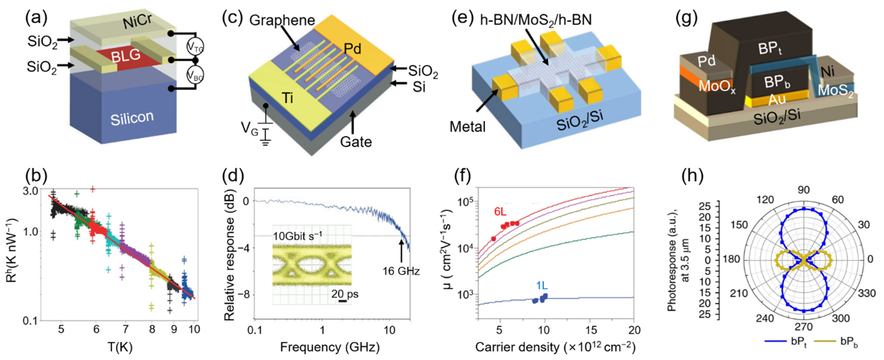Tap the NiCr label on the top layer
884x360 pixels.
[137, 21]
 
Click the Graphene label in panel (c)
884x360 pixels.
[282, 20]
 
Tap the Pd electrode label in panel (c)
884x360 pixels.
[353, 49]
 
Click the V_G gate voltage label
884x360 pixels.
[249, 129]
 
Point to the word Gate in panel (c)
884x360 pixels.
[356, 142]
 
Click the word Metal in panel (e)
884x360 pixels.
[467, 127]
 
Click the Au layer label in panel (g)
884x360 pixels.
[777, 99]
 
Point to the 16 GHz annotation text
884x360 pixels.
[401, 271]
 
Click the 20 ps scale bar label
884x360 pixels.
[345, 294]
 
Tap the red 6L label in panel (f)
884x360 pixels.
[500, 212]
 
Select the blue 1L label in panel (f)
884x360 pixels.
[542, 285]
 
